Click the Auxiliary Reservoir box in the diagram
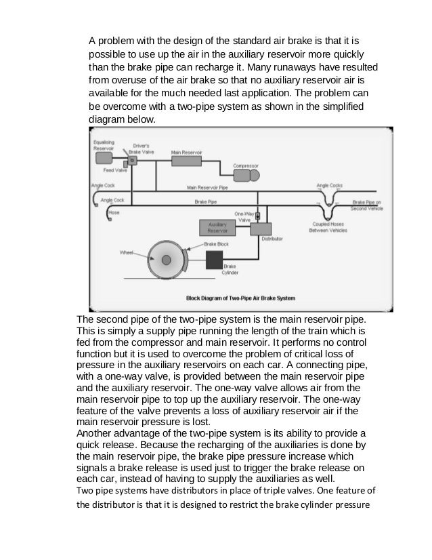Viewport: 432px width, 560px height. point(217,228)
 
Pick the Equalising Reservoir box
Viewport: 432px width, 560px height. point(104,158)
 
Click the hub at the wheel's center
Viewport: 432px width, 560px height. point(166,259)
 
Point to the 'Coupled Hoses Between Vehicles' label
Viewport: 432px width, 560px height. point(328,227)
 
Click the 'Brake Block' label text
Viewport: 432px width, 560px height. point(217,243)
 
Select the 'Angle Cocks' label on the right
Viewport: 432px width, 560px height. point(328,184)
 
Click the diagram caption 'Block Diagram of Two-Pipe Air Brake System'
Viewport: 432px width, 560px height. point(242,297)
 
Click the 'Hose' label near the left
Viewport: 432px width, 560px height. point(114,212)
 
